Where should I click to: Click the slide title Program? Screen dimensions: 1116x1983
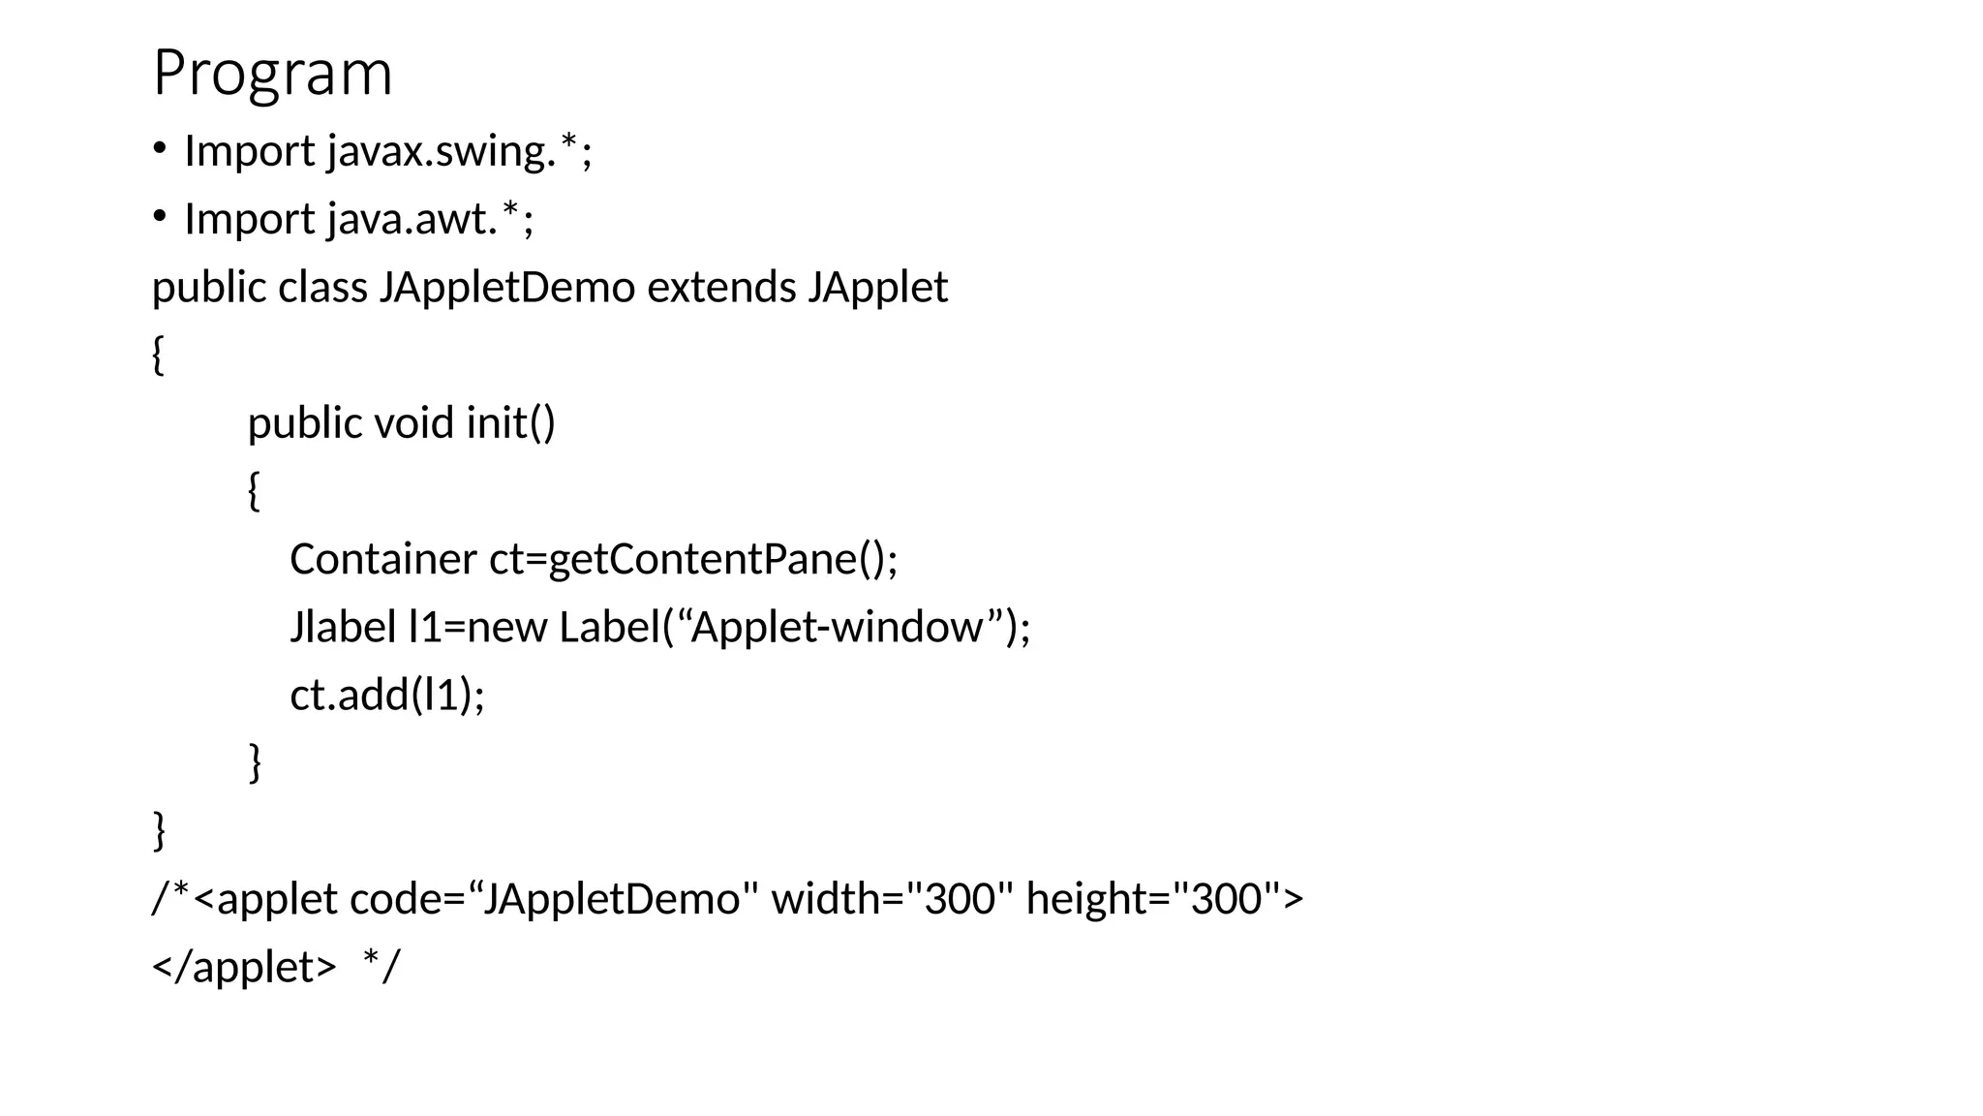272,74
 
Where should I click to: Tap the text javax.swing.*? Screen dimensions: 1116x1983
459,151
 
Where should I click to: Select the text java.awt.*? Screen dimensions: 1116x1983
430,219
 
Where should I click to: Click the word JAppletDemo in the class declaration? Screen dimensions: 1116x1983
506,287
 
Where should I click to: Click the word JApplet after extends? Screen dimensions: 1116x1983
877,287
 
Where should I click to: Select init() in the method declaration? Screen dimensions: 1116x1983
510,422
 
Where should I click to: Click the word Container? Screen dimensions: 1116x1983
382,559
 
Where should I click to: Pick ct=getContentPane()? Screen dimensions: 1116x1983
693,559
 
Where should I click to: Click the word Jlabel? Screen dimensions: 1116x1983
343,627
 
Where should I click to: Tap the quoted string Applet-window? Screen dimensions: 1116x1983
836,627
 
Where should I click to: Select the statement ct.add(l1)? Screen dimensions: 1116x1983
387,695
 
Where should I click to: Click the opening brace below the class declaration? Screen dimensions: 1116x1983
158,355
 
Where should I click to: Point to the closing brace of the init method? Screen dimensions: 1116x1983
255,761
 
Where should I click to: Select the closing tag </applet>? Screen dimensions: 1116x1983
244,966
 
